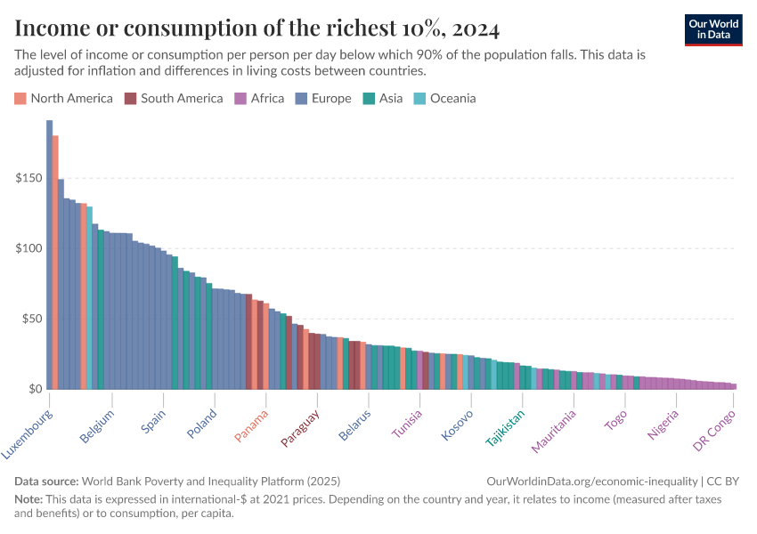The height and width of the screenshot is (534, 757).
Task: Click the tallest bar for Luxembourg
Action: pos(49,258)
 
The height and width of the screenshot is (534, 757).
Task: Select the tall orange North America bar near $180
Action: pos(55,267)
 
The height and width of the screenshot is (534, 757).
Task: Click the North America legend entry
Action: pos(64,98)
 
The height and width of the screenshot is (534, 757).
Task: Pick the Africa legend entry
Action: pos(259,98)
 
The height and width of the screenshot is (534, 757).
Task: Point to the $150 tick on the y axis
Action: pos(28,178)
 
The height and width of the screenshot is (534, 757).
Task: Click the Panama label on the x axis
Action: pos(252,425)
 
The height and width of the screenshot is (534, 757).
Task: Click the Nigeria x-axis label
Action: pos(664,425)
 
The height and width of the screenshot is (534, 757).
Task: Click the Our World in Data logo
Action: pos(713,29)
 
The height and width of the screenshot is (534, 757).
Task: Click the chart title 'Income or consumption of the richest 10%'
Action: pos(256,28)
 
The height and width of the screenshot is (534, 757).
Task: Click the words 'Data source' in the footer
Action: pos(45,480)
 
